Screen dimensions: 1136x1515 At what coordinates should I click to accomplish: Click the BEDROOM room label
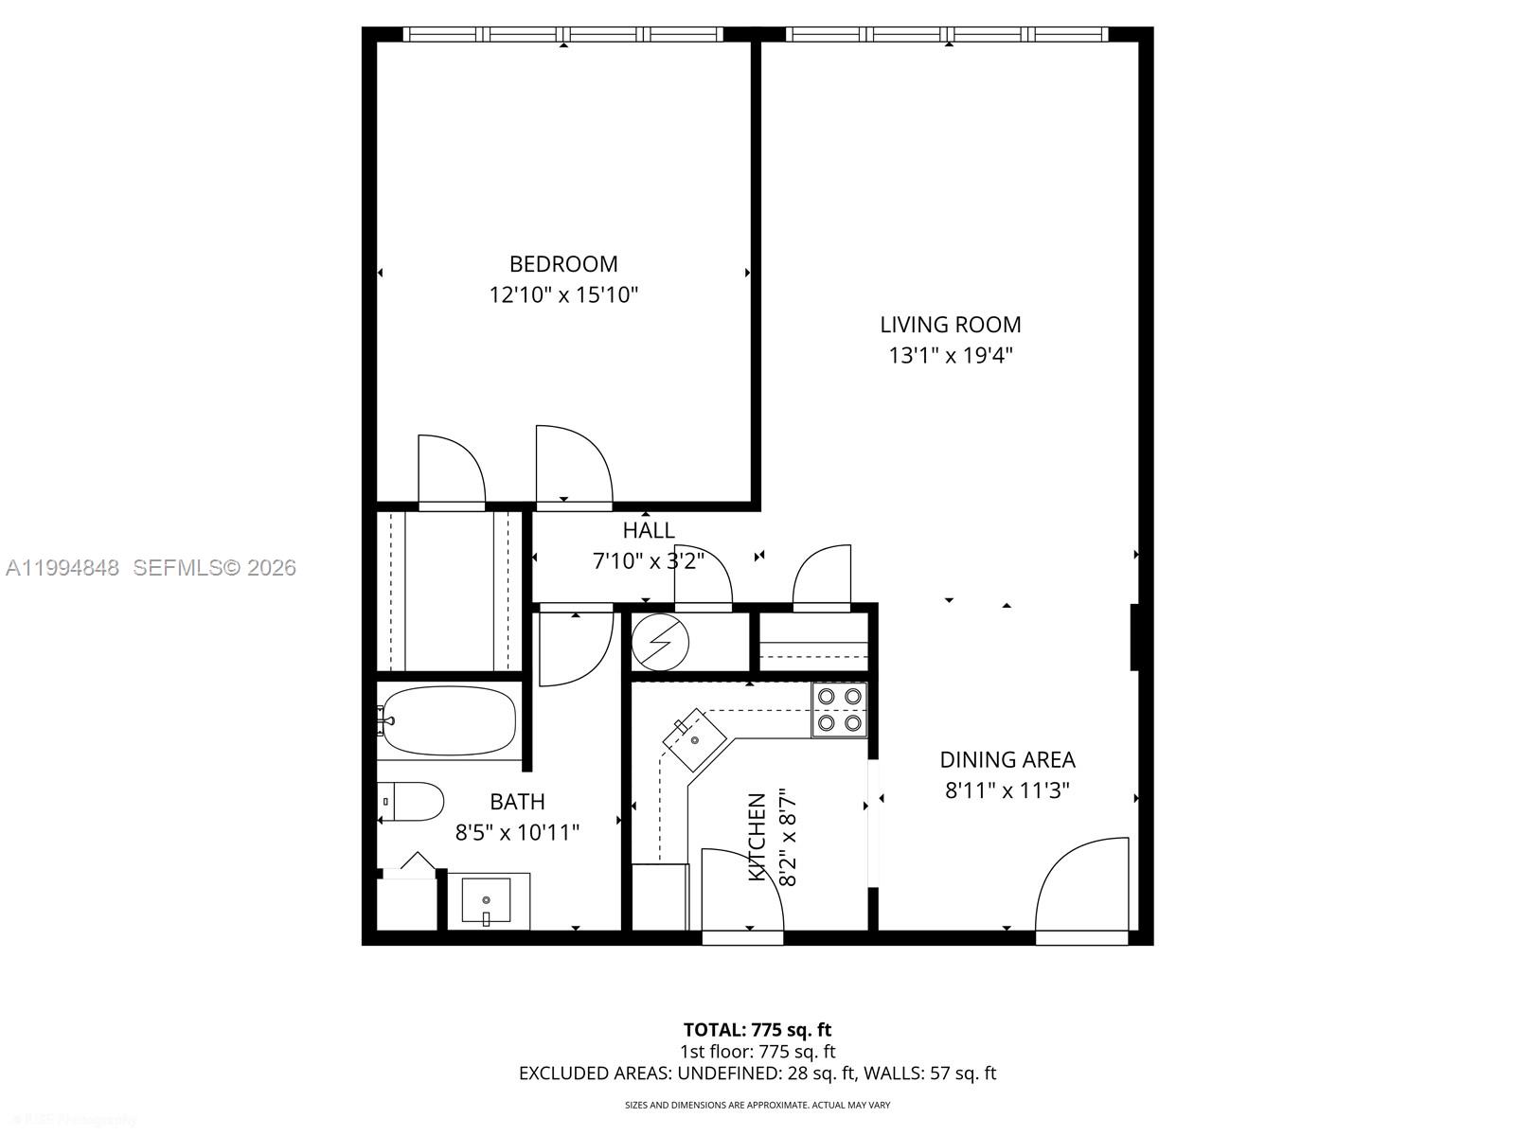(563, 264)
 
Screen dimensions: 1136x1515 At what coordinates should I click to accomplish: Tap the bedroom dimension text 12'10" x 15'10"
(563, 295)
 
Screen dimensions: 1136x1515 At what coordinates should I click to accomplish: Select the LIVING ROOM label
(950, 325)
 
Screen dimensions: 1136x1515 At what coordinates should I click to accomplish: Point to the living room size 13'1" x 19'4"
(950, 356)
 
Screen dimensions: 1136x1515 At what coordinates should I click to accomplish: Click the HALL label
(649, 530)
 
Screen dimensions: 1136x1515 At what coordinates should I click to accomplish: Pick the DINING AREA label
(1007, 759)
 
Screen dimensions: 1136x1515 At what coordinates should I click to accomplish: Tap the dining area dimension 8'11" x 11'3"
(1007, 790)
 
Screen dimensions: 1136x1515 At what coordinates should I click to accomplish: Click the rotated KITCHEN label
(757, 838)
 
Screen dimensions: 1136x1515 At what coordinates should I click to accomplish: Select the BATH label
(517, 802)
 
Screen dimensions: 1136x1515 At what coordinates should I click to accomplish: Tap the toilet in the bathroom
(413, 802)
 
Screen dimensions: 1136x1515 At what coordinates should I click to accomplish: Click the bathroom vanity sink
(486, 900)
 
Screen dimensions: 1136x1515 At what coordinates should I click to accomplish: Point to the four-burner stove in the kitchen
(839, 710)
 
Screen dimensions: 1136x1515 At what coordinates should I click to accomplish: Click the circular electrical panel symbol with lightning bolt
(660, 644)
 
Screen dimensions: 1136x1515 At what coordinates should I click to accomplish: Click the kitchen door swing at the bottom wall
(740, 890)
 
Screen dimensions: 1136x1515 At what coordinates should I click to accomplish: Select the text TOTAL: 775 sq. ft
(757, 1029)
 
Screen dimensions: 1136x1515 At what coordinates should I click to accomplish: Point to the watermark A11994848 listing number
(62, 568)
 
